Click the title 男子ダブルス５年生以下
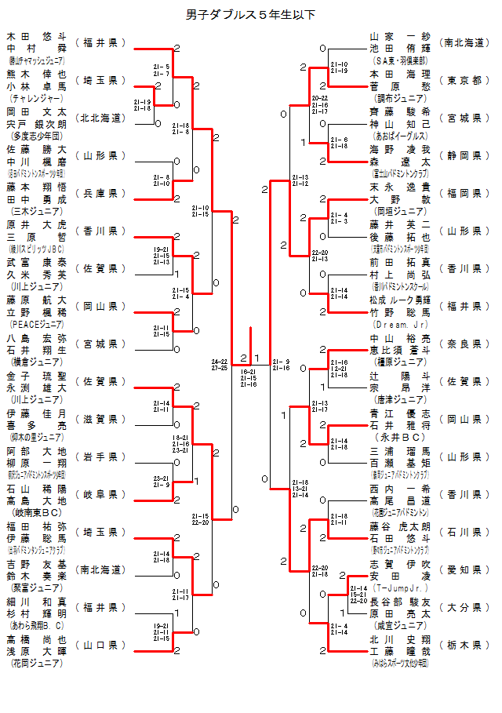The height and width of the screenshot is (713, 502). tap(250, 14)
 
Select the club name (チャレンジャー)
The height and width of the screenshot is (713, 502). tap(36, 99)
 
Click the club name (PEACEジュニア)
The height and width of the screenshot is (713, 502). tap(36, 325)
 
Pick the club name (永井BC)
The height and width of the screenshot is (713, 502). tap(400, 437)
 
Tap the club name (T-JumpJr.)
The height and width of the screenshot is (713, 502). tap(400, 587)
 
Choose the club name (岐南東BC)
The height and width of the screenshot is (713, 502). tap(36, 513)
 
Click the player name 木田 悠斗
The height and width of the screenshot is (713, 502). tap(36, 36)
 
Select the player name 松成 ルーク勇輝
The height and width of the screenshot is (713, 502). tap(400, 300)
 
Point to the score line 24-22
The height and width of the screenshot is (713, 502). tap(220, 362)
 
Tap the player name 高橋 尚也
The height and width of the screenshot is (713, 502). tap(36, 638)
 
